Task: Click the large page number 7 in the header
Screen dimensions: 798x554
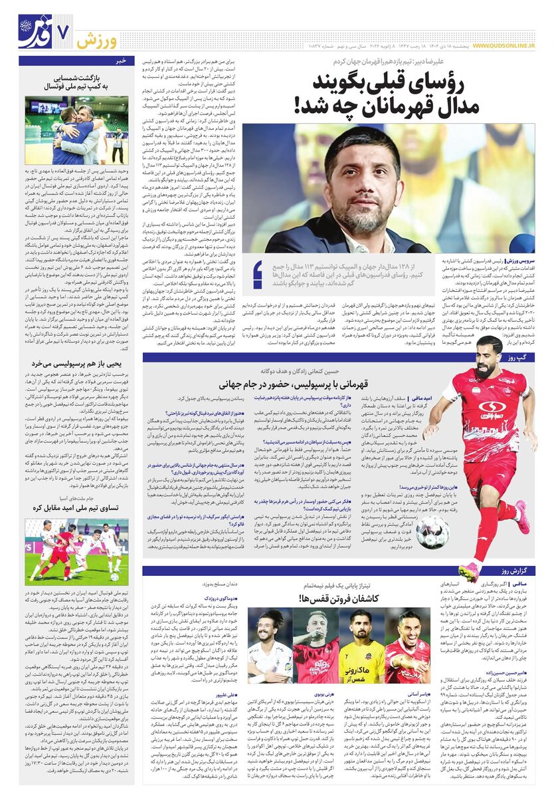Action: coord(64,32)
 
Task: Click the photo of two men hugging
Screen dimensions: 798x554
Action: coord(77,131)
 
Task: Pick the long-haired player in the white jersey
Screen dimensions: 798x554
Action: coord(270,645)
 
